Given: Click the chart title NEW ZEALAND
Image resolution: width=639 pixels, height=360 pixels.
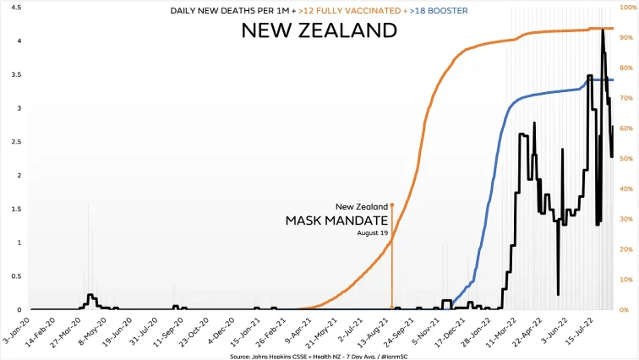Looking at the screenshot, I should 319,30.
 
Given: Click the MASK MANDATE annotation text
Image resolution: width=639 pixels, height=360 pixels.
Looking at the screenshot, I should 336,221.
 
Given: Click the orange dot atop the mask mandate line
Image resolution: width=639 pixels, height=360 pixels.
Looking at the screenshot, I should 392,205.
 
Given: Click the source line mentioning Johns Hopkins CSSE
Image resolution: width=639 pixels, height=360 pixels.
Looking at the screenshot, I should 319,356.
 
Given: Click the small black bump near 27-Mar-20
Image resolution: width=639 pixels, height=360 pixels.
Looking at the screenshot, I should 90,296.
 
